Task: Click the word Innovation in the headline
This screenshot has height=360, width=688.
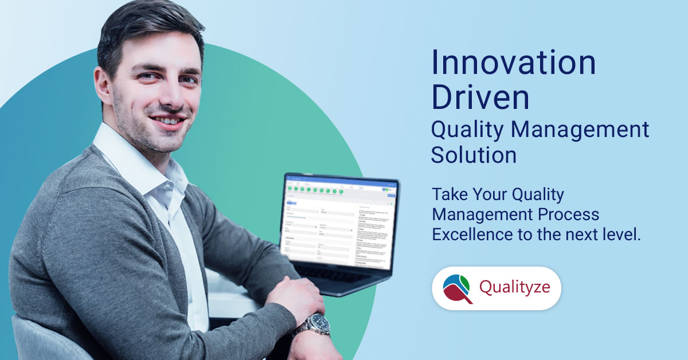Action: pyautogui.click(x=513, y=63)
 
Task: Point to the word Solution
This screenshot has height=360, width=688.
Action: pyautogui.click(x=474, y=155)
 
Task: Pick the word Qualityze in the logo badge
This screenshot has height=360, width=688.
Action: pyautogui.click(x=515, y=287)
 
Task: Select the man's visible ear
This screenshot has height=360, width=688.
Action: pyautogui.click(x=103, y=86)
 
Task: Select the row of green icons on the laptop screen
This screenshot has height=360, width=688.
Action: pyautogui.click(x=315, y=189)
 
